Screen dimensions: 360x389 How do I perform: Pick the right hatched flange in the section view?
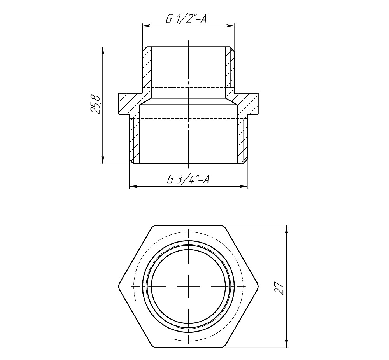[x=249, y=104]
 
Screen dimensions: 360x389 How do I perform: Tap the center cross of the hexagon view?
[x=189, y=287]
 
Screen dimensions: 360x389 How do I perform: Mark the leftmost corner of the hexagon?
[x=118, y=287]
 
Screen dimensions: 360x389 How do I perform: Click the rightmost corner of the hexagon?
[x=259, y=287]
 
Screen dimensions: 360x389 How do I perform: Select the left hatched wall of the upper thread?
[x=147, y=70]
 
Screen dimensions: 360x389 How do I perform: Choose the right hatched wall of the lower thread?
[x=242, y=140]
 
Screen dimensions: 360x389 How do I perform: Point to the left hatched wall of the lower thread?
[x=134, y=140]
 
